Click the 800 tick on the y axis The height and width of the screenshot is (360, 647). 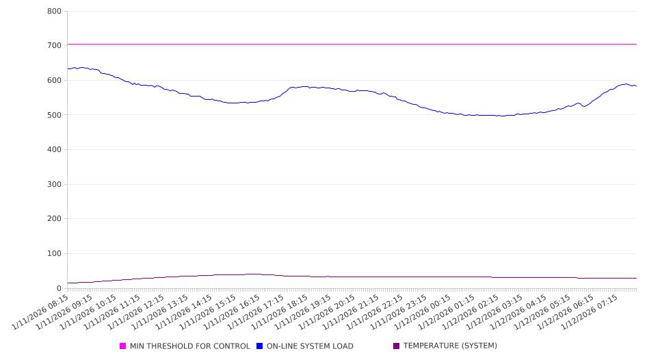click(x=55, y=12)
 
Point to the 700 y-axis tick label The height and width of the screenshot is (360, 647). click(x=55, y=46)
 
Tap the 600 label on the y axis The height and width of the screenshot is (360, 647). click(x=55, y=81)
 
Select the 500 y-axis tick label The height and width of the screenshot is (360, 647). click(x=55, y=115)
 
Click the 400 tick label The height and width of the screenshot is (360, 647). click(x=55, y=150)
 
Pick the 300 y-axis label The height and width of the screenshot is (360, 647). click(x=55, y=185)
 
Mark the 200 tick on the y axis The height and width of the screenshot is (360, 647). click(x=55, y=219)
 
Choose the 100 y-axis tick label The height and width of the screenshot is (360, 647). click(x=55, y=254)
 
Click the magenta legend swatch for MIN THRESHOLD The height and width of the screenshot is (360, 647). click(x=123, y=346)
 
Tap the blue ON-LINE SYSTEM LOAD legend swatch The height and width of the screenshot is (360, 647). click(x=260, y=346)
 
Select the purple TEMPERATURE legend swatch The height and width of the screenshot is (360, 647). click(x=397, y=346)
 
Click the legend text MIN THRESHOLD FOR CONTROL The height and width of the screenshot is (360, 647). click(x=189, y=346)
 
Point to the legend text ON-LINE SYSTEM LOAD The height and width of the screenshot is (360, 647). click(x=310, y=346)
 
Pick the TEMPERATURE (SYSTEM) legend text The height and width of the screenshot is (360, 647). click(x=450, y=346)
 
